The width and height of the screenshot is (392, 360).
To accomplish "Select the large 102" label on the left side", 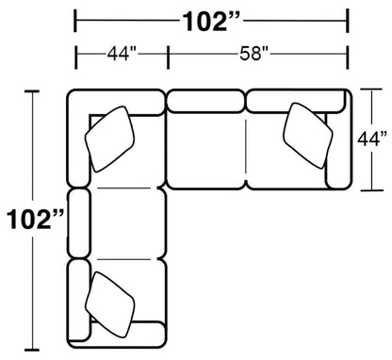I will tap(35, 219).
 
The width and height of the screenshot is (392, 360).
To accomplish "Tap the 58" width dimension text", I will tap(258, 54).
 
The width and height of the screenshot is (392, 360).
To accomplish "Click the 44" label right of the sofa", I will tap(372, 139).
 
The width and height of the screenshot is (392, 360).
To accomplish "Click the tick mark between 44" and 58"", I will tap(168, 54).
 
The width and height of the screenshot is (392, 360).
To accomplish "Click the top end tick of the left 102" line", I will tap(36, 91).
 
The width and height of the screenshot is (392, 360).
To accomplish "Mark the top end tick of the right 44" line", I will tap(371, 91).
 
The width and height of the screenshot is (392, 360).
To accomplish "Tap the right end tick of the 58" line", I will tap(349, 54).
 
